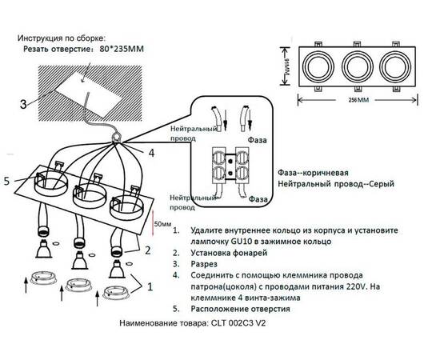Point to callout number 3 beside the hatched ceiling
click(x=23, y=103)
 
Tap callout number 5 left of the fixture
click(x=7, y=182)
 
